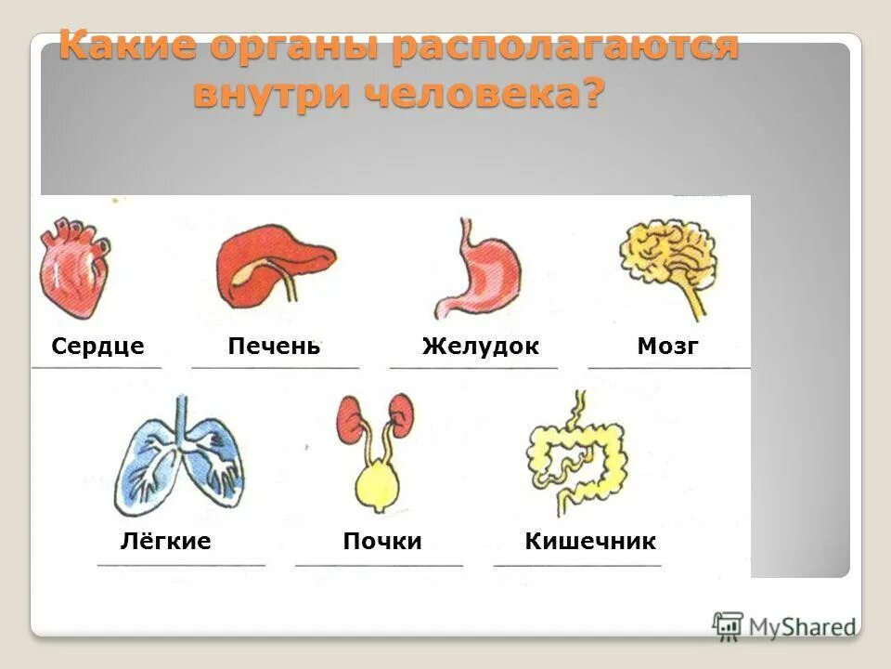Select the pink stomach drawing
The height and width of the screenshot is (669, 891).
[478, 273]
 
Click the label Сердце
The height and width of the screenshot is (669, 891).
[97, 347]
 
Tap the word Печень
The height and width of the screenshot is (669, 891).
[274, 347]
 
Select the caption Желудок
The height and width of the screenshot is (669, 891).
[480, 347]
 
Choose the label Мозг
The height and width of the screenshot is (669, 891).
[667, 347]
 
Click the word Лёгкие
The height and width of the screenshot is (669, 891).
[165, 542]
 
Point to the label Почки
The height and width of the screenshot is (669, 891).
[382, 542]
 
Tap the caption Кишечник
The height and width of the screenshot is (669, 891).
[590, 542]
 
